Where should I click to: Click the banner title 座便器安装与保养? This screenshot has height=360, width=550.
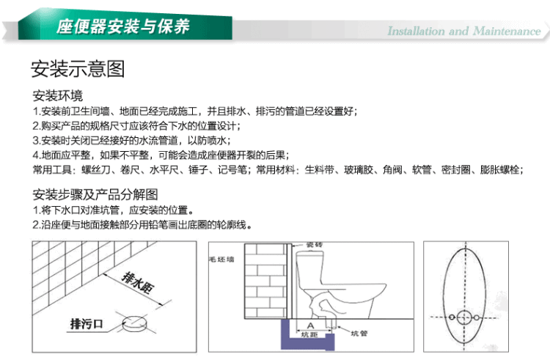tap(123, 26)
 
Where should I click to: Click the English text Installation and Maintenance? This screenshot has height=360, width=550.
tap(464, 32)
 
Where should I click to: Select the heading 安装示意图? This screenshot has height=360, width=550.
tap(78, 68)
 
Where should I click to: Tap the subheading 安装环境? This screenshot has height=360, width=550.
tap(58, 95)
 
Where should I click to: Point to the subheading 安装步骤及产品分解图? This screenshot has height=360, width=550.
tap(95, 194)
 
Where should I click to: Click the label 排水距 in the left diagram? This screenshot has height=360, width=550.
tap(138, 282)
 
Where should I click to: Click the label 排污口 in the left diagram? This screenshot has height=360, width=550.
tap(87, 323)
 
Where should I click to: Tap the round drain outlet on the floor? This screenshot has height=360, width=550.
tap(133, 323)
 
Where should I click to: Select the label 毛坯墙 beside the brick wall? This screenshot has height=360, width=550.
tap(221, 260)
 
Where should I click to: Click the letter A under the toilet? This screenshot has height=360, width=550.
tap(310, 326)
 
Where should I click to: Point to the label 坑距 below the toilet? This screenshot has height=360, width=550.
tap(309, 335)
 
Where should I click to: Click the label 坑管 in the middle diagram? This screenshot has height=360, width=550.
tap(359, 333)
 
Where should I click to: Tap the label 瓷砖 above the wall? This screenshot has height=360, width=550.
tap(315, 245)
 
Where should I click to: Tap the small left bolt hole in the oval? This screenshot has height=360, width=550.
tap(452, 317)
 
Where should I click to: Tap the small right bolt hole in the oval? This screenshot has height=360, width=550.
tap(477, 317)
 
